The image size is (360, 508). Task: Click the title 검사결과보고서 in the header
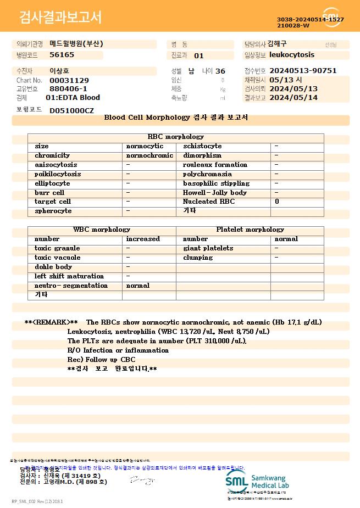point(60,18)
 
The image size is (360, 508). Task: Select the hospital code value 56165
point(62,55)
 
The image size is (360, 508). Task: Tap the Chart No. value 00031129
point(69,80)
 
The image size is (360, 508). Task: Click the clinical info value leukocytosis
point(292,55)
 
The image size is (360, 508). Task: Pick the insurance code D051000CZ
point(71,111)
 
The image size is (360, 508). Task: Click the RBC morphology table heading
point(176,137)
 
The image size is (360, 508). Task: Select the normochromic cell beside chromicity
point(149,155)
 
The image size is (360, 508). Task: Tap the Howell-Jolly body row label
point(215,193)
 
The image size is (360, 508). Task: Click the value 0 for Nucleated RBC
point(277,202)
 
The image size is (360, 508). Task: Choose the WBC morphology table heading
point(102,230)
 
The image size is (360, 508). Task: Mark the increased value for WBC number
point(143,239)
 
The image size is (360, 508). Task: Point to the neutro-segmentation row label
point(71,286)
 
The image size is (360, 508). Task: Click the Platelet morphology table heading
point(250,230)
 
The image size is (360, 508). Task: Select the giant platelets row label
point(208,248)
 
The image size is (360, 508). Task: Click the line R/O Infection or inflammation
point(118,350)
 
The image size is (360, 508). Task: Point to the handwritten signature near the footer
point(141,480)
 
